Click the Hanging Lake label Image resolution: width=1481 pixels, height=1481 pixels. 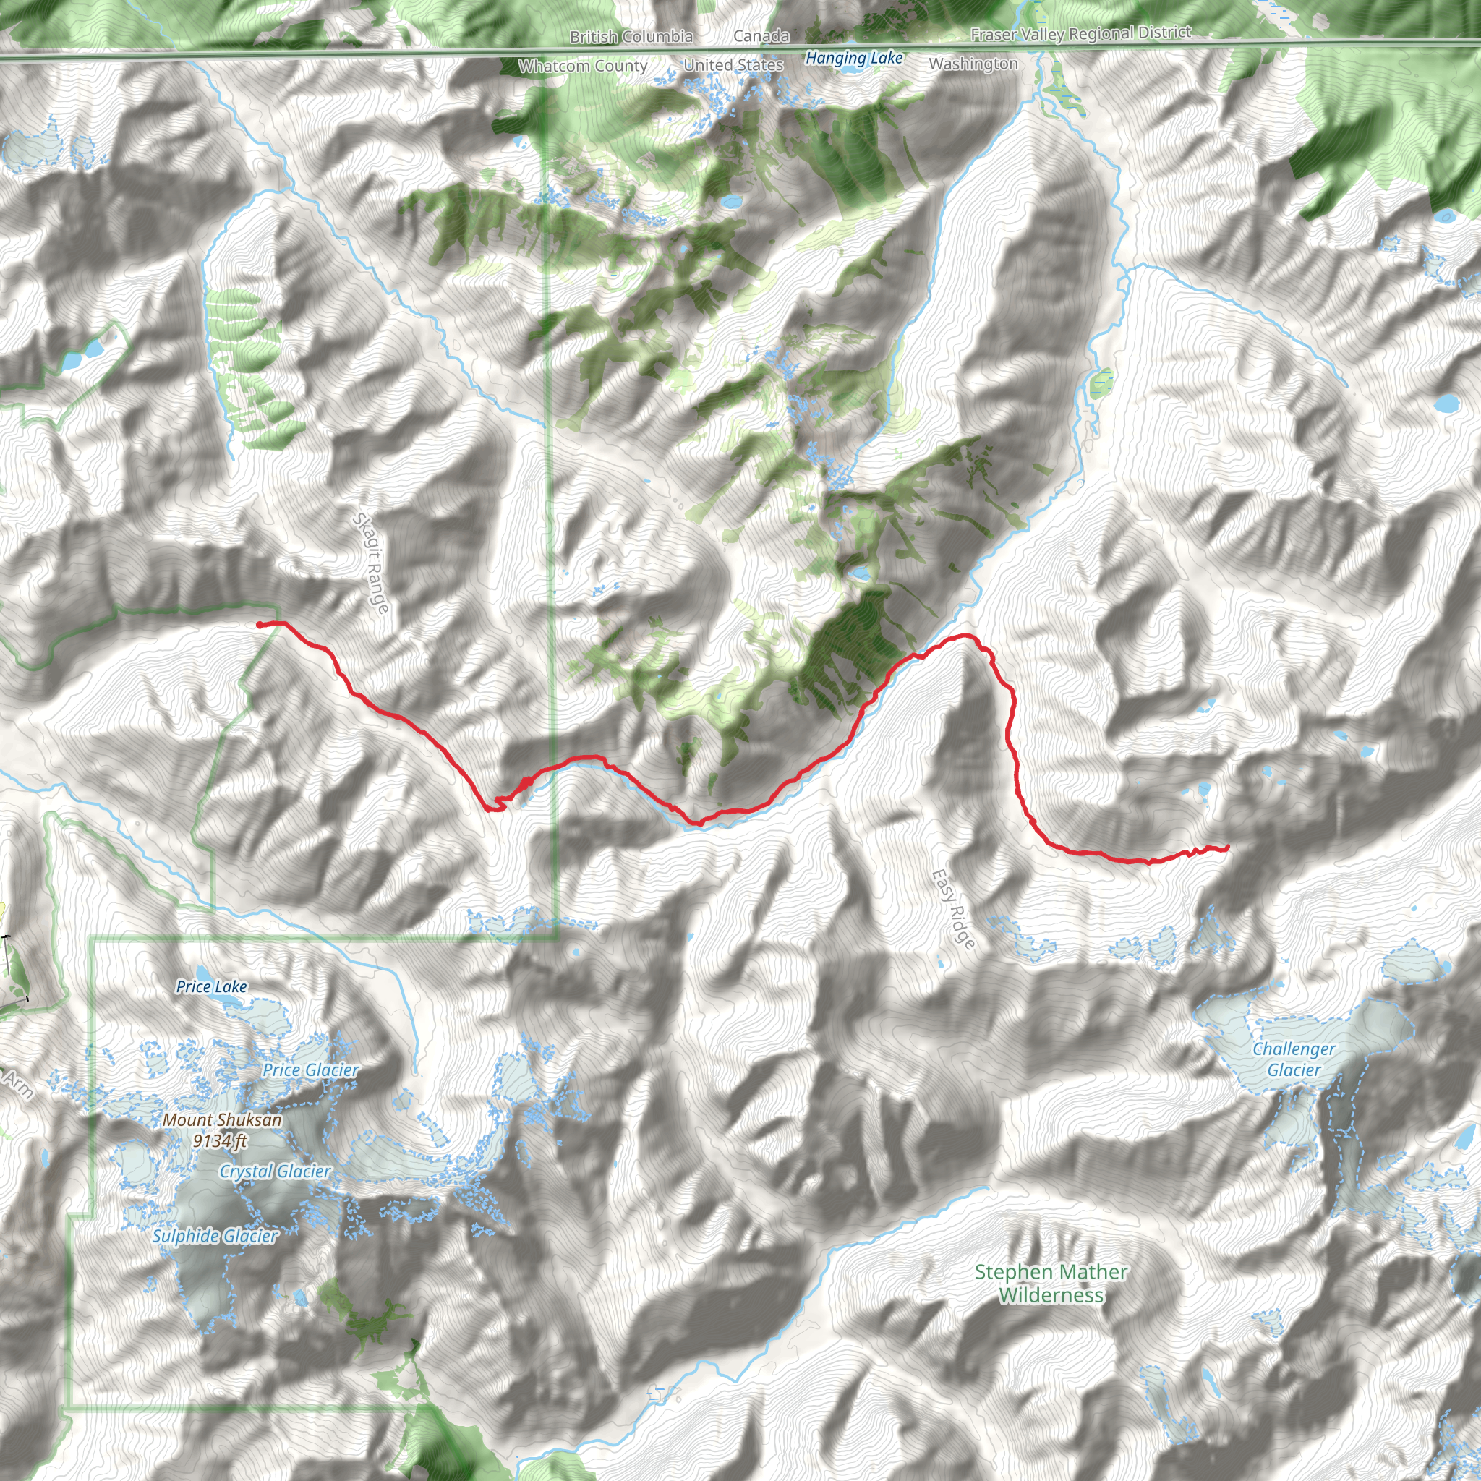[x=854, y=58]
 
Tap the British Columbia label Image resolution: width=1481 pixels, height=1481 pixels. [x=631, y=37]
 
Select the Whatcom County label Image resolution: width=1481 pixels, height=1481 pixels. [x=583, y=66]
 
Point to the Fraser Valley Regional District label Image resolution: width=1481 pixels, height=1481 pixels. [x=1081, y=33]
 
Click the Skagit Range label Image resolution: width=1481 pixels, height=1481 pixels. [x=371, y=563]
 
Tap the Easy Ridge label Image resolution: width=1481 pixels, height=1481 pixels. [x=954, y=909]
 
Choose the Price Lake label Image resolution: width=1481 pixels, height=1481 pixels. [x=212, y=986]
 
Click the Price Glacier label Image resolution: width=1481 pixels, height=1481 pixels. [x=310, y=1070]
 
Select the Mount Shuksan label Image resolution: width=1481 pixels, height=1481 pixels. [x=222, y=1120]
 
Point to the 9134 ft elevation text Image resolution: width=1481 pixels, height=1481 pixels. [x=220, y=1140]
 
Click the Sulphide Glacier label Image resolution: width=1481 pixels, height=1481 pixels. [x=215, y=1236]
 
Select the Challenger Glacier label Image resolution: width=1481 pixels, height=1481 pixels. [x=1294, y=1059]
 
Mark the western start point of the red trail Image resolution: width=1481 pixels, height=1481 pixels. [x=260, y=626]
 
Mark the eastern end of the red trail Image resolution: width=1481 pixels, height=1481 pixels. [x=1227, y=847]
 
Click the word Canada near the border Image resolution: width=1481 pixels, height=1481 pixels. [x=761, y=36]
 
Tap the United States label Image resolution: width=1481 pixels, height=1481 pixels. [x=733, y=65]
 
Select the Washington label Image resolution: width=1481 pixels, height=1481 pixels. [x=973, y=64]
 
